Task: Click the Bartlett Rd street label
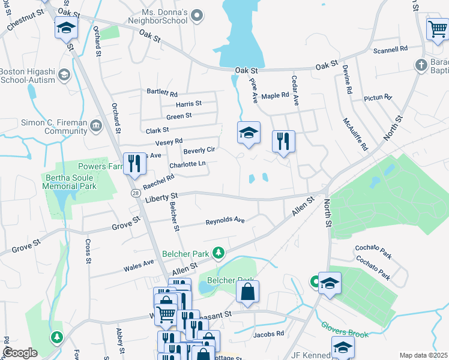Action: click(x=162, y=94)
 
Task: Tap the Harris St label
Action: click(x=188, y=104)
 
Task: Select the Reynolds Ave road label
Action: click(x=225, y=221)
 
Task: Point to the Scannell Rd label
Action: click(x=390, y=49)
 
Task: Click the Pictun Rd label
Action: click(x=378, y=97)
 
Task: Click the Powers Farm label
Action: click(x=99, y=166)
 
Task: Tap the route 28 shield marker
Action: click(x=137, y=192)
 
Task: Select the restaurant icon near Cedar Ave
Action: click(x=283, y=142)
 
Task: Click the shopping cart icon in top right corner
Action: click(x=436, y=28)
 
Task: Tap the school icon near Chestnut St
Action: click(x=65, y=28)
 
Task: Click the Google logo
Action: click(x=20, y=353)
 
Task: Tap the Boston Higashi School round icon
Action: click(x=64, y=75)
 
